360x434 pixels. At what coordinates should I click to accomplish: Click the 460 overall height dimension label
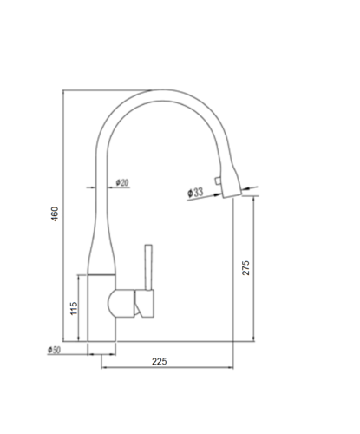55,214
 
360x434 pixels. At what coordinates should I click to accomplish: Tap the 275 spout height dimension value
245,268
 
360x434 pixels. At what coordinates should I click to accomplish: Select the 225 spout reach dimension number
160,361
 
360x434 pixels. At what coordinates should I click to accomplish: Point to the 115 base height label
74,308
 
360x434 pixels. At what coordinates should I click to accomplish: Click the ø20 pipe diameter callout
122,182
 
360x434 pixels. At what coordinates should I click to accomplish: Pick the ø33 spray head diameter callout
195,192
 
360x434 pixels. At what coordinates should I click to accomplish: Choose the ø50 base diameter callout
54,350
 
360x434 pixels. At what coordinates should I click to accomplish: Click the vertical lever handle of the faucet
148,267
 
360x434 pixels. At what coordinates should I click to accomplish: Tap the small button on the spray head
218,181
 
